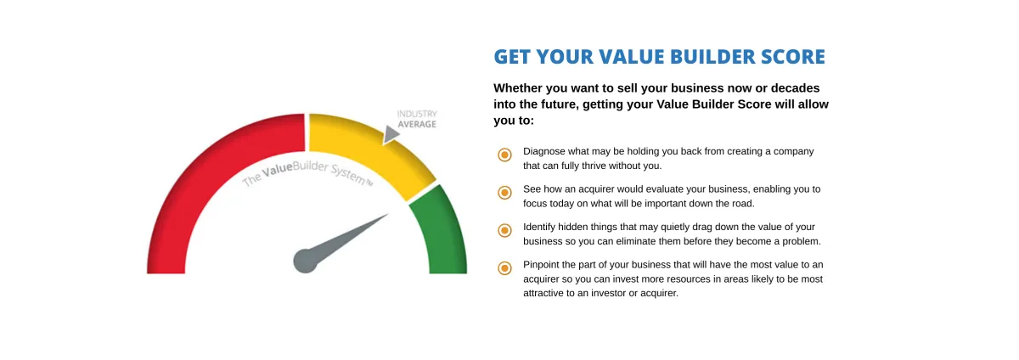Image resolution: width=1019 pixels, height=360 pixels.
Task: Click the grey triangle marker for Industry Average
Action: coord(391,135)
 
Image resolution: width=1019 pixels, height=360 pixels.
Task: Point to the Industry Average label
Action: coord(417,119)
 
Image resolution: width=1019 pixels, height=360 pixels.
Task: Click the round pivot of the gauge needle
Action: coord(305,262)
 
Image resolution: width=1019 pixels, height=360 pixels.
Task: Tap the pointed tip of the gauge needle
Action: coord(389,214)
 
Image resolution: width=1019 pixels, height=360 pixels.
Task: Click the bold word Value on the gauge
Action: coord(277,170)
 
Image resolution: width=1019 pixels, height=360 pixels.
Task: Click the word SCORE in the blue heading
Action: coord(793,57)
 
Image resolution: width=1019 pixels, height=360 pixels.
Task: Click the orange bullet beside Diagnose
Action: coord(504,155)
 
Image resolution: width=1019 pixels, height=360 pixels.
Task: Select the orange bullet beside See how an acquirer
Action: coord(504,193)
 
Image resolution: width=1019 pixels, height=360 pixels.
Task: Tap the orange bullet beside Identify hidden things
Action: coord(504,230)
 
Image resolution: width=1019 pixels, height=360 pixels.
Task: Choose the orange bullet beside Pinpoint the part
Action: coord(504,268)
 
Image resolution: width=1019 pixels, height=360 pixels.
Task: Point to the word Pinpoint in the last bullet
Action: coord(540,265)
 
